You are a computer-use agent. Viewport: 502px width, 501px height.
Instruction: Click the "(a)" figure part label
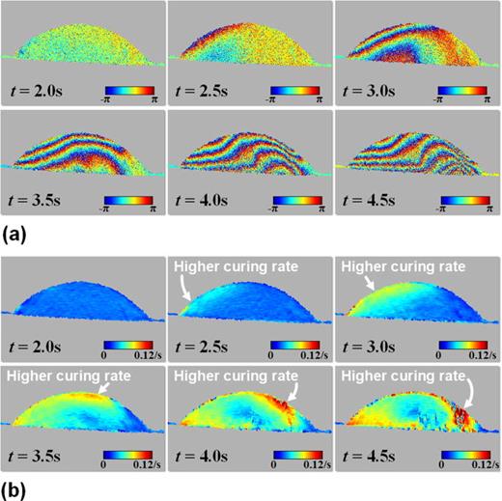point(16,232)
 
